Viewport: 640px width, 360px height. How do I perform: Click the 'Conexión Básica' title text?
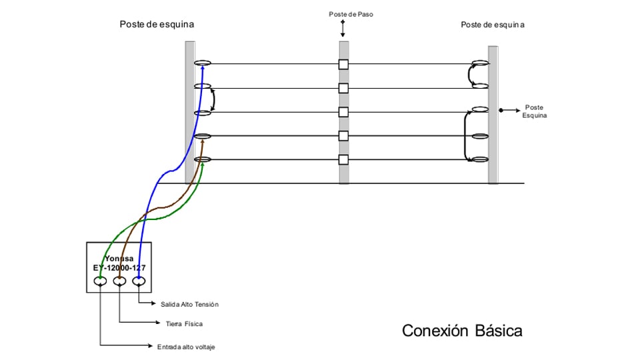[462, 331]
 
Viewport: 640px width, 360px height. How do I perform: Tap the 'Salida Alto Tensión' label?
[189, 304]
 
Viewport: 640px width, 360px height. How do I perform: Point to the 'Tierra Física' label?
[184, 324]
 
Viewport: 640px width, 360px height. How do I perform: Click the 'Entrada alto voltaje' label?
[186, 347]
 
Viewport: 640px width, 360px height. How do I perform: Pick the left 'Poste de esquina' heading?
[157, 24]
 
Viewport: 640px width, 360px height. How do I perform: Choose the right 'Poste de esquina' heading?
[493, 25]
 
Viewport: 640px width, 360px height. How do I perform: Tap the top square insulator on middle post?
[343, 65]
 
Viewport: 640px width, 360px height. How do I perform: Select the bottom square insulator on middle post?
[343, 159]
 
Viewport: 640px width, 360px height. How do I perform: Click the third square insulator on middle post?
[343, 112]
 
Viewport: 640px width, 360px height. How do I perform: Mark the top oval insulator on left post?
[203, 64]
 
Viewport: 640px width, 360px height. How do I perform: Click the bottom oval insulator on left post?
[203, 159]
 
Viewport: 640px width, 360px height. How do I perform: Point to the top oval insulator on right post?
[481, 64]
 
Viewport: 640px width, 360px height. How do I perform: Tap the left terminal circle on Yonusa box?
[100, 282]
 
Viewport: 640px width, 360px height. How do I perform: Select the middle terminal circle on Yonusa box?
[119, 282]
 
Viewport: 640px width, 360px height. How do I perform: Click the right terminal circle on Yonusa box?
[139, 282]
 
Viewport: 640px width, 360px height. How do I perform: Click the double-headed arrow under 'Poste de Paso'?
[343, 29]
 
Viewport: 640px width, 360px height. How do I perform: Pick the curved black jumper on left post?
[213, 100]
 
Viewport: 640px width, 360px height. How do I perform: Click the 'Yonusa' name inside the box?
[119, 259]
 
